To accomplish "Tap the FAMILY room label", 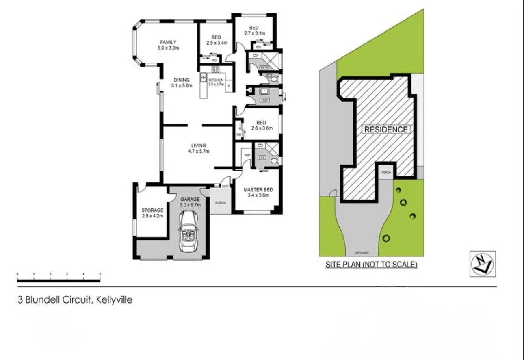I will tap(168, 42).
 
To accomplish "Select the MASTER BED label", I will tap(258, 190).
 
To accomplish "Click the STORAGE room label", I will tap(152, 210).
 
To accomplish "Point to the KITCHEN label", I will tap(217, 80).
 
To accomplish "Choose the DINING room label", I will tap(182, 80).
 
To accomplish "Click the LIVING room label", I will tap(199, 145).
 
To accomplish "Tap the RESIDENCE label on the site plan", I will tap(386, 130).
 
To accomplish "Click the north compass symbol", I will tap(482, 264).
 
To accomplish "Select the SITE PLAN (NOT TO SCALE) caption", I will tap(372, 265).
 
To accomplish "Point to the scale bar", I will tap(58, 280).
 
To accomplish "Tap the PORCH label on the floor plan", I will tap(220, 203).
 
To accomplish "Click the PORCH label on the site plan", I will tap(386, 173).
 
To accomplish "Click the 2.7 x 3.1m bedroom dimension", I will tap(254, 33).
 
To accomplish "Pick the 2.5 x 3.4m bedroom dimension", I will tap(217, 43).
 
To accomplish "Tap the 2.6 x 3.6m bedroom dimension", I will tap(261, 128).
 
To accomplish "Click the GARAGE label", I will tap(190, 200).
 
